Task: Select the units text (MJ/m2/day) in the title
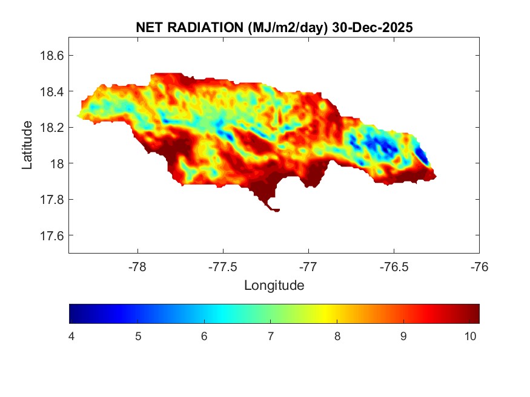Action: click(x=280, y=28)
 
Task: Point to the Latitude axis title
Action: click(x=27, y=145)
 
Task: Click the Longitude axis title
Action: click(x=274, y=285)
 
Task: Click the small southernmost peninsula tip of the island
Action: click(x=276, y=210)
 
